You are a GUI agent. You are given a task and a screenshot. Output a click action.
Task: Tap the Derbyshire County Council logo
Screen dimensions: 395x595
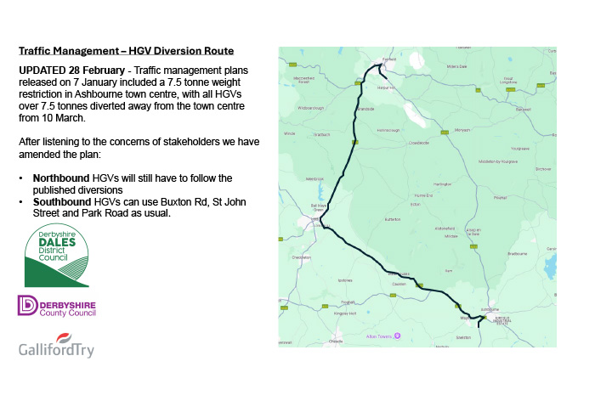tap(57, 306)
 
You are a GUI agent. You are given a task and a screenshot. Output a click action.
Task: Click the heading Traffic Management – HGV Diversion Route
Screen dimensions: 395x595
tap(126, 51)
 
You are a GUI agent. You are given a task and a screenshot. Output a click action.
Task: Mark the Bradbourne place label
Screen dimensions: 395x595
tap(517, 253)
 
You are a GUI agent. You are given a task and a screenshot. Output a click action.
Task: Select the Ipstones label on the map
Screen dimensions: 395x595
tap(345, 279)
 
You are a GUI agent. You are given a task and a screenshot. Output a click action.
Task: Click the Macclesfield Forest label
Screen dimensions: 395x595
tap(306, 80)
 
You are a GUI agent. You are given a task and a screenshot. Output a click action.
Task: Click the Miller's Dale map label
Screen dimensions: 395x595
tap(446, 65)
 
